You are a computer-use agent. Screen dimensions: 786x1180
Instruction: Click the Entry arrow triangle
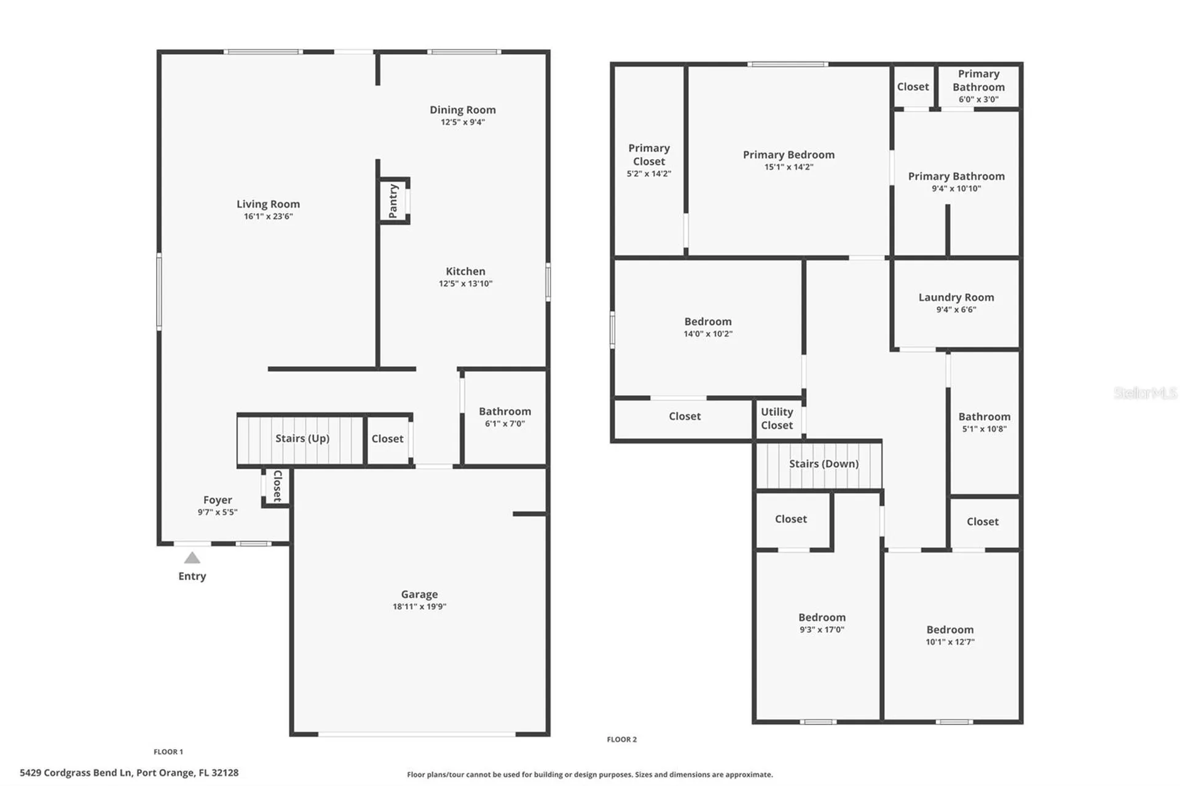192,558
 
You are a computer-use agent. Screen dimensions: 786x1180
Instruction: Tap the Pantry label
393,201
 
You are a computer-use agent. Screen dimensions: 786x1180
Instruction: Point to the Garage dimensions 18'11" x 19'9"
419,607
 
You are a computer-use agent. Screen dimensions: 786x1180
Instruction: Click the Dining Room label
462,110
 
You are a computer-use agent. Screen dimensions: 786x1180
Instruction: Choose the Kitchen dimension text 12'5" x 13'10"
465,284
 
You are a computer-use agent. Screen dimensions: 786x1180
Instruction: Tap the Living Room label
268,204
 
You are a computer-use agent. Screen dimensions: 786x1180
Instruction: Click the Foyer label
218,500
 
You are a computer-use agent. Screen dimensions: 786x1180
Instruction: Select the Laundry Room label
956,297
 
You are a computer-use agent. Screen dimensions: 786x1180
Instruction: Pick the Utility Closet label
777,419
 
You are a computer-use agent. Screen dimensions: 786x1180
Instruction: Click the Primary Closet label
649,155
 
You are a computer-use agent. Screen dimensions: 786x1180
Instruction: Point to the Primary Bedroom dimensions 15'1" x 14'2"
789,167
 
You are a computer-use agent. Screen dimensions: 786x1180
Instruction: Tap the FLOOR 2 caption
621,739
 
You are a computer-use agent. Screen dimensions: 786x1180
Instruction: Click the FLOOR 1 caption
168,752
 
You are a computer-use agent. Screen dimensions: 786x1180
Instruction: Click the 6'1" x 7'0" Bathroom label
505,412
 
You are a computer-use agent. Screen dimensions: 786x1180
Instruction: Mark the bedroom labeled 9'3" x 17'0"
822,618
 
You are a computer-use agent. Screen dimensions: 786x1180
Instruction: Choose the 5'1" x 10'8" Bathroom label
984,417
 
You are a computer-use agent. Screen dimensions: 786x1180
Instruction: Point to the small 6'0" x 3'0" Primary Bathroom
978,86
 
